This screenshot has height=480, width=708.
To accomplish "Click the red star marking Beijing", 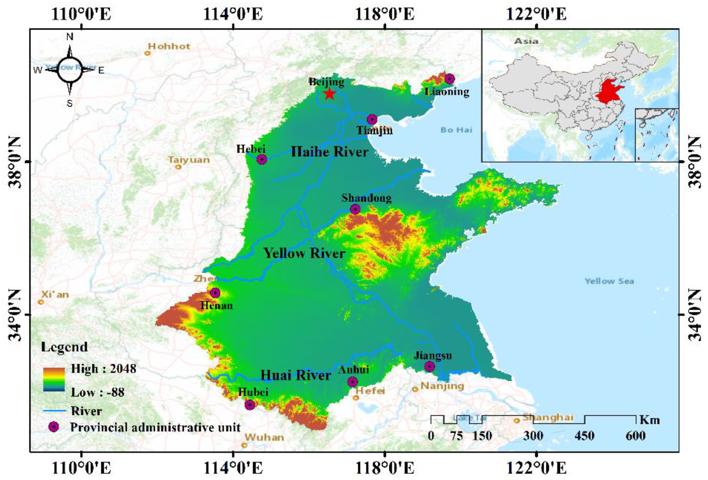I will tap(329, 94).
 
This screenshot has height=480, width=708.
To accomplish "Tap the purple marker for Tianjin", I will tap(372, 119).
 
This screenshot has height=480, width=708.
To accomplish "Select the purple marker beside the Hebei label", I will tap(262, 159).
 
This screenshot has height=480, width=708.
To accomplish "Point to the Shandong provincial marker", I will tap(355, 209).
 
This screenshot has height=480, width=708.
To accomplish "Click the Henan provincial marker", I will tap(215, 293).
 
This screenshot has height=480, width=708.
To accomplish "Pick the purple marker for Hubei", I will tap(249, 405).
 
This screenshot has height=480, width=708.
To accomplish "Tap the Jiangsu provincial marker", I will tap(429, 366).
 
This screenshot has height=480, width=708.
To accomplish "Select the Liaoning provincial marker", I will tap(449, 79).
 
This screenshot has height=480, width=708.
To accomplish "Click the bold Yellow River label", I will tap(304, 253).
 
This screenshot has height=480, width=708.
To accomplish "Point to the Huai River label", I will tap(296, 375).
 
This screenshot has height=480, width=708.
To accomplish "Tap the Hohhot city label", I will tap(169, 46).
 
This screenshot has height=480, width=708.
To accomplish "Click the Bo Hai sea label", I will tap(456, 130).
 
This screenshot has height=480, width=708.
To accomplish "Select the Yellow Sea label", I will tap(609, 281).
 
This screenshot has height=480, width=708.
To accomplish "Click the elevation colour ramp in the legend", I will tap(54, 379).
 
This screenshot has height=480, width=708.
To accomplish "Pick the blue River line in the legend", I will tap(55, 410).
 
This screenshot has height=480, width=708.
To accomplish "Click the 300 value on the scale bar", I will tap(533, 436).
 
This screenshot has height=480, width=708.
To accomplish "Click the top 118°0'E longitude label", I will tap(384, 14).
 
